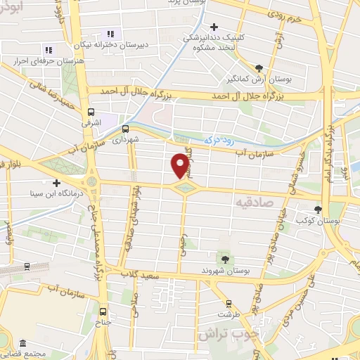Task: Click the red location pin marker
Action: [180, 166]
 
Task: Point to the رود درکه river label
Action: [219, 141]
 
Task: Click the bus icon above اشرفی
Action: [91, 112]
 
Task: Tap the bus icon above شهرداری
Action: [125, 129]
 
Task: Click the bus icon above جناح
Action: [104, 311]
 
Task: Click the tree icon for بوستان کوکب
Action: [318, 209]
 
